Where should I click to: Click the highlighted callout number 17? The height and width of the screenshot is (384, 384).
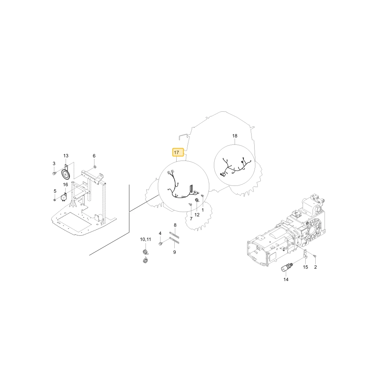click(176, 152)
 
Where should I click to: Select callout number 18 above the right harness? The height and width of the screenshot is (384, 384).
click(235, 136)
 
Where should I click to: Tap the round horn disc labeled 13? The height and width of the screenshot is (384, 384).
click(66, 174)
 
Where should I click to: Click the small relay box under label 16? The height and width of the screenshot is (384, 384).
click(64, 197)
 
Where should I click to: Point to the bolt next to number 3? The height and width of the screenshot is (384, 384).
click(54, 174)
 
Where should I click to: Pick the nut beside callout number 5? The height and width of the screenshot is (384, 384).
click(55, 200)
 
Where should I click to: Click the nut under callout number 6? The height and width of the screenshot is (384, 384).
click(95, 167)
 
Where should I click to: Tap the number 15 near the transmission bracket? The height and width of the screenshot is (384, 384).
click(305, 267)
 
